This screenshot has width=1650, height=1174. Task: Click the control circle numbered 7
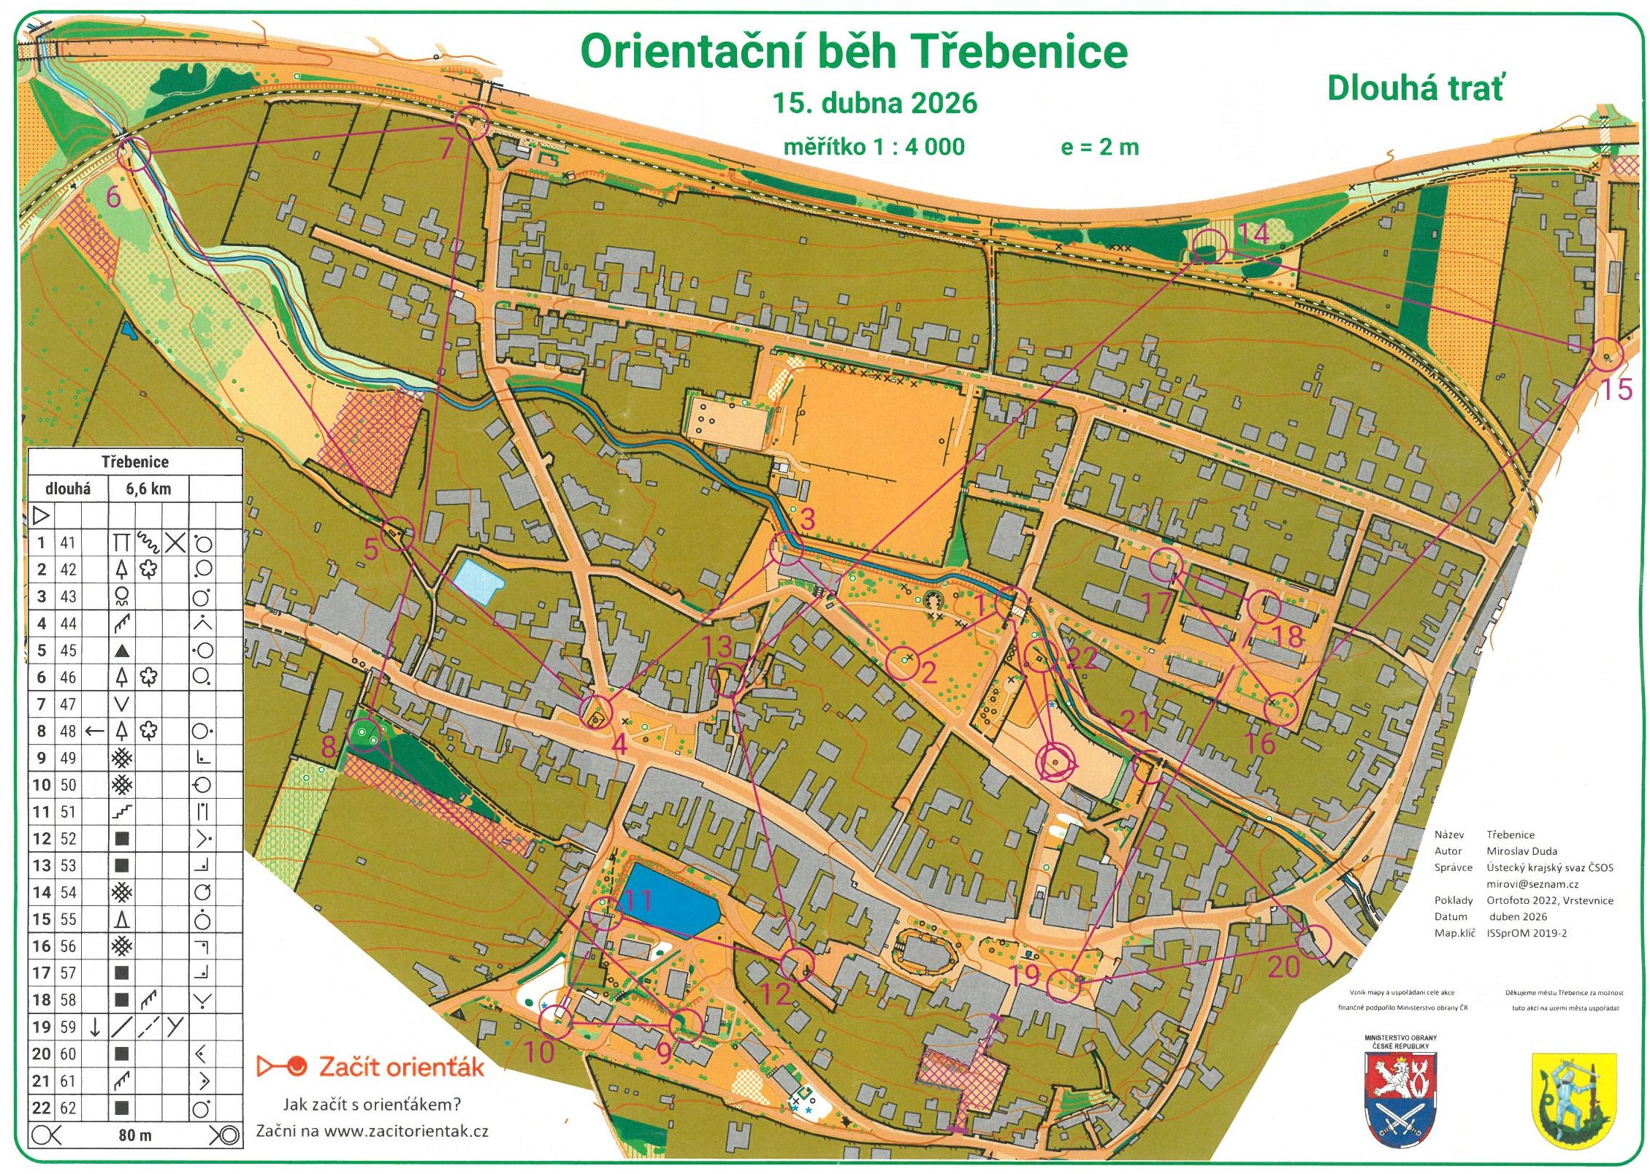[471, 122]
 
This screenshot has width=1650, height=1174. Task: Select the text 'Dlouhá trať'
[1415, 88]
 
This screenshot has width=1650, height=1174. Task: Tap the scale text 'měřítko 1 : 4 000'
[874, 147]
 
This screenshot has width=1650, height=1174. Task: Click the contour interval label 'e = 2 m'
[1099, 147]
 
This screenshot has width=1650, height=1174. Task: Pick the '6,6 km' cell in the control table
[148, 489]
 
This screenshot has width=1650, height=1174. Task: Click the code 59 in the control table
[68, 1027]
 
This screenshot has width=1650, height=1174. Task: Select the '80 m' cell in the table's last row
[135, 1135]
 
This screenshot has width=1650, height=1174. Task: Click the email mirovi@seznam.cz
[1532, 884]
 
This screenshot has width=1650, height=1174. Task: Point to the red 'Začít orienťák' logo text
[401, 1067]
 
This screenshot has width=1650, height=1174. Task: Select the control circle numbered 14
[1208, 246]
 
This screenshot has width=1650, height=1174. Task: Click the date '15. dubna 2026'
[874, 103]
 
